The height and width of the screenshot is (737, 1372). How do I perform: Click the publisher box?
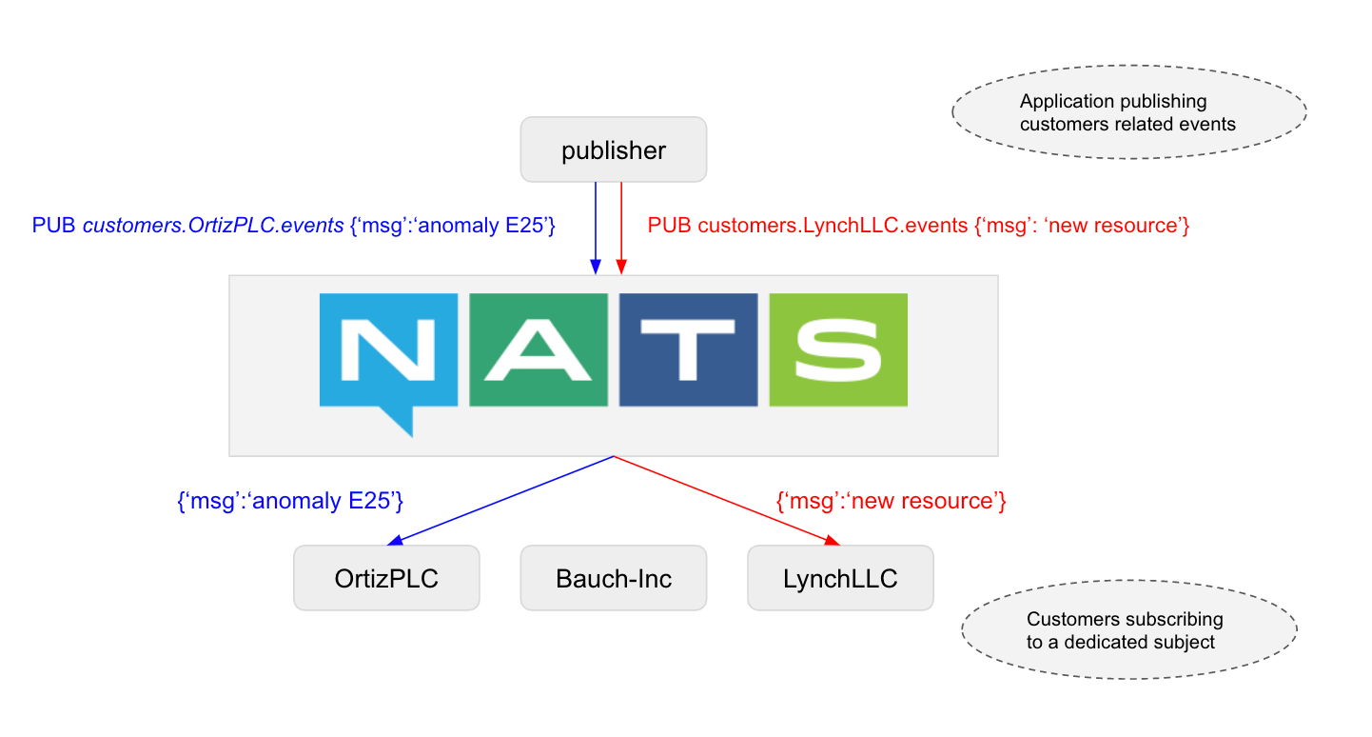(x=613, y=149)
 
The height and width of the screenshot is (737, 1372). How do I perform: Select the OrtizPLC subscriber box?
(x=386, y=578)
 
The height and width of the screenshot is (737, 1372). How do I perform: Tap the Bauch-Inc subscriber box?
(x=613, y=578)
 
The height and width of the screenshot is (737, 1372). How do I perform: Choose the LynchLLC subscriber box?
(x=840, y=578)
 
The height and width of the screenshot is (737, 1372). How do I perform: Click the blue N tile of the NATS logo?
(x=388, y=349)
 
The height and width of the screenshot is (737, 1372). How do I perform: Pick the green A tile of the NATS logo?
(x=539, y=349)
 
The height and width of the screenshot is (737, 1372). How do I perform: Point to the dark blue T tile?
(x=688, y=349)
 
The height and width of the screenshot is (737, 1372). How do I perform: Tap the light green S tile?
(x=838, y=349)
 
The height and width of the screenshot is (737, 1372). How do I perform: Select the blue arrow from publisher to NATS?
(x=596, y=229)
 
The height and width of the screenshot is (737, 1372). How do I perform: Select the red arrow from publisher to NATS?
(x=620, y=229)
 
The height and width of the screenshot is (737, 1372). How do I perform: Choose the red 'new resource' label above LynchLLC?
(x=892, y=501)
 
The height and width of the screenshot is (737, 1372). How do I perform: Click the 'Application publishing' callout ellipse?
(x=1128, y=113)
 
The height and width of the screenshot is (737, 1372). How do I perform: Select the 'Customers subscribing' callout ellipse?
(x=1128, y=630)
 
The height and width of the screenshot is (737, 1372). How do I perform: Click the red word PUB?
(x=670, y=227)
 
